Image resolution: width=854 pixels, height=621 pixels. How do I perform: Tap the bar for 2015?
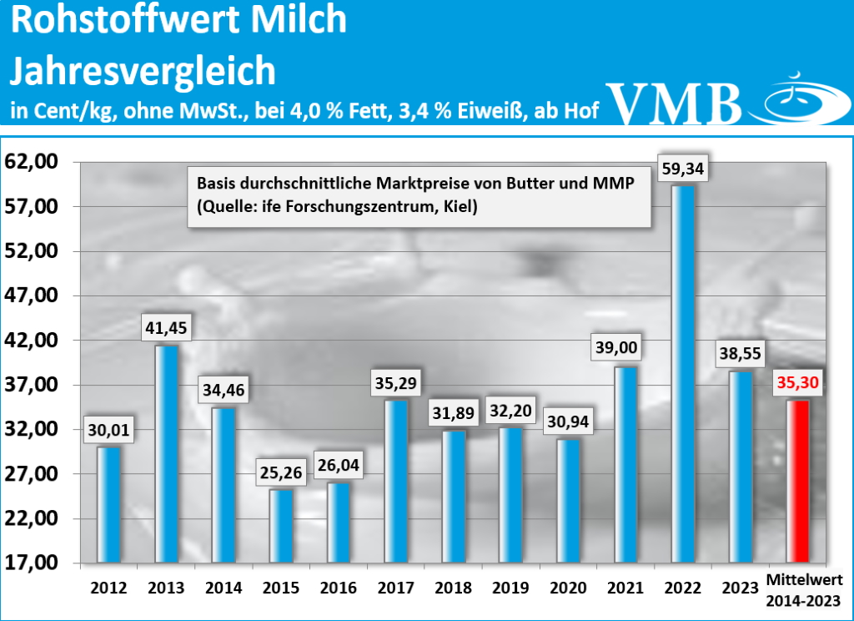pyautogui.click(x=281, y=525)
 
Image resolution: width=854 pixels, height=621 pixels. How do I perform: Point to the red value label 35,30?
pyautogui.click(x=798, y=384)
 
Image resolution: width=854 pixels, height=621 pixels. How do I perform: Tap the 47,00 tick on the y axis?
pyautogui.click(x=33, y=295)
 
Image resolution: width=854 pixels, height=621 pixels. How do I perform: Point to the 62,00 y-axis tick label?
pyautogui.click(x=33, y=162)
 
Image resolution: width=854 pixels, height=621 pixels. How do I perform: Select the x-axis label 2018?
pyautogui.click(x=453, y=588)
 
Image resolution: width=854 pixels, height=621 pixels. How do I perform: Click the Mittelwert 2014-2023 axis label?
pyautogui.click(x=804, y=588)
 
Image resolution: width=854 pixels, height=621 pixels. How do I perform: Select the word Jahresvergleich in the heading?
pyautogui.click(x=142, y=72)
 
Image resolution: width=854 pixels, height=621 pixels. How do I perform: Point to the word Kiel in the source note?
pyautogui.click(x=461, y=206)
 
